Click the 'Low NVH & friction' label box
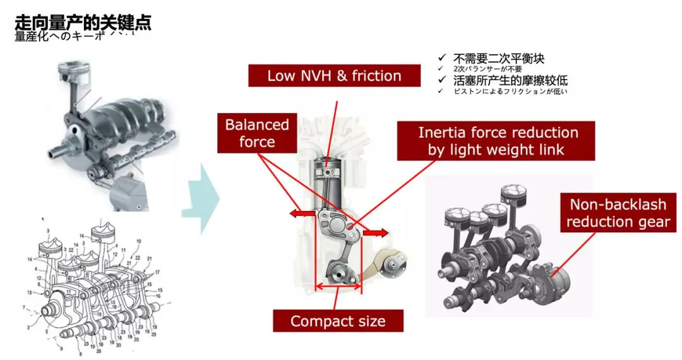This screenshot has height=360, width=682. coord(334,76)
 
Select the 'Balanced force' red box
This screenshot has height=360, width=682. coord(257,133)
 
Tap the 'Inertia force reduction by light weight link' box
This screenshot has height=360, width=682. coord(498,141)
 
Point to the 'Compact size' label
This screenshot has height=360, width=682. coord(337,321)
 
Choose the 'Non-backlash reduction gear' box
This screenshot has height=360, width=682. coord(617,213)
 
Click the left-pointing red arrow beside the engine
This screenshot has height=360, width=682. coord(302,214)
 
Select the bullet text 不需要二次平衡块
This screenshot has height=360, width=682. coord(498,59)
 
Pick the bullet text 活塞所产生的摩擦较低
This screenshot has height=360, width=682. coord(510,80)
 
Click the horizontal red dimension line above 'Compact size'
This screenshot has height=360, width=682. coord(337,287)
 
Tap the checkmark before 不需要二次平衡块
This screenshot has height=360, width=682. coord(442,58)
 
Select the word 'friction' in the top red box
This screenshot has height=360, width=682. coord(376,76)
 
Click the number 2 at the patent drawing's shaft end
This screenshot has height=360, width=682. coord(29,326)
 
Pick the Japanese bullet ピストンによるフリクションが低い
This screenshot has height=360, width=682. coord(510,92)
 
